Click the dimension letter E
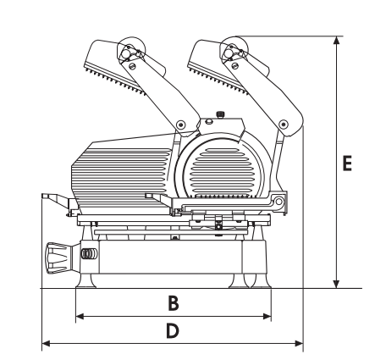click(347, 163)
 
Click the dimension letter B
click(174, 302)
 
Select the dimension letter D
click(173, 330)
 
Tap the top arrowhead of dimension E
click(336, 41)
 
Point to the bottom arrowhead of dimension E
click(336, 284)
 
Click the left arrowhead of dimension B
click(80, 316)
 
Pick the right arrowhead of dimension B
click(267, 316)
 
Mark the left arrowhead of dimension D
click(46, 344)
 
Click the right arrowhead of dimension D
click(299, 344)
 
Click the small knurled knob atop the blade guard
click(220, 114)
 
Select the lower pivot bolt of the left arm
click(180, 125)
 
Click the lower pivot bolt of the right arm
click(283, 125)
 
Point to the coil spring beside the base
click(88, 253)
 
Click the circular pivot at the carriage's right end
click(278, 202)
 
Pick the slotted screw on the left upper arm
click(131, 66)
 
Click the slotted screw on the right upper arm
click(234, 66)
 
